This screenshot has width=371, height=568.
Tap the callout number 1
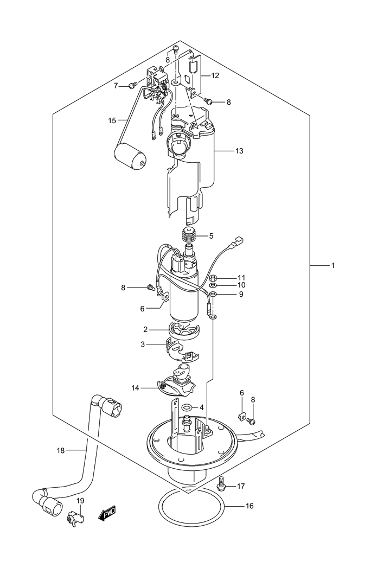(x=333, y=266)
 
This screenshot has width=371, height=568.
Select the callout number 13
(x=239, y=151)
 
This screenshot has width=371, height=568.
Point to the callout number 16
(x=250, y=506)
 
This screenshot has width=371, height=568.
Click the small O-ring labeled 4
(x=187, y=407)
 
